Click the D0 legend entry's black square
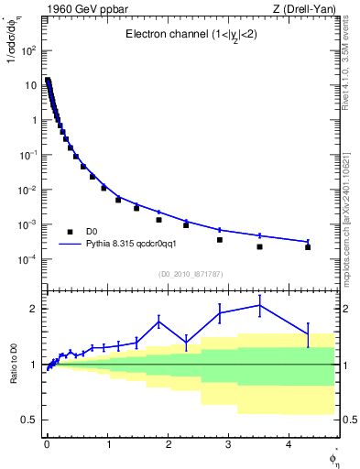click(70, 232)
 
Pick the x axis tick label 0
click(47, 445)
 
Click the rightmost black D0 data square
click(308, 247)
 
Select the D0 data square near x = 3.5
click(260, 246)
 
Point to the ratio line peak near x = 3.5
click(260, 305)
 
